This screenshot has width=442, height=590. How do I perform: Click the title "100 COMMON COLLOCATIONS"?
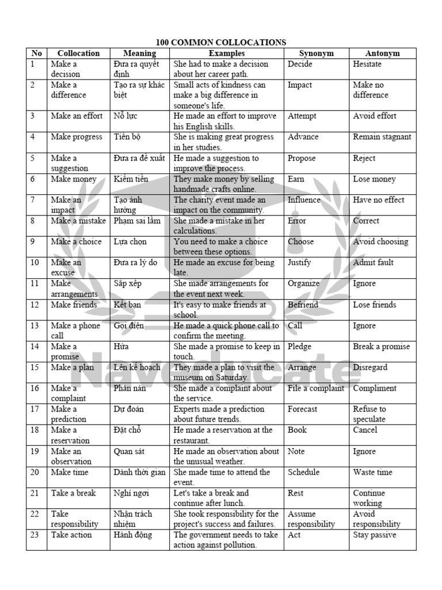pos(221,43)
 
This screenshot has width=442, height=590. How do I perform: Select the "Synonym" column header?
pos(316,54)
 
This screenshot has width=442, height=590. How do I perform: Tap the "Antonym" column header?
pos(382,54)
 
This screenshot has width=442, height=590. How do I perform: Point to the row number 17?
pos(35,409)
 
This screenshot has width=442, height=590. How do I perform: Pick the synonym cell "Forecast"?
pos(302,409)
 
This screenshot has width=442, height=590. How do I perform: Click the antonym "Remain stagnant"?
pos(382,137)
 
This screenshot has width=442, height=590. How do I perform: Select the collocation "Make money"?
pos(74,179)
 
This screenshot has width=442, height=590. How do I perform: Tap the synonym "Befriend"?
pos(303,305)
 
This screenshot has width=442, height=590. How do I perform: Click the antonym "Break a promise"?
pos(381,347)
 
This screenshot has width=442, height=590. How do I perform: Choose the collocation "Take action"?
pos(71,535)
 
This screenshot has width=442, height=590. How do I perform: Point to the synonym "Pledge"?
pos(299,347)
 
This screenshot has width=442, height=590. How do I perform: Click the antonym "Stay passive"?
pos(374,535)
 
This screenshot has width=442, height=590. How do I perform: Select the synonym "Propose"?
pos(302,158)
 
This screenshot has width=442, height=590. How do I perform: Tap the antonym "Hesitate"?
pos(367,64)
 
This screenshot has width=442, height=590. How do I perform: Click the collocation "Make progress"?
pos(76,137)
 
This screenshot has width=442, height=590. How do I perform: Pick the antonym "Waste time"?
pos(372,472)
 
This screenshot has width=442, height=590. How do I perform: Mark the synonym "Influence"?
pos(304,200)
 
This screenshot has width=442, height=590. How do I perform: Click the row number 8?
pos(33,221)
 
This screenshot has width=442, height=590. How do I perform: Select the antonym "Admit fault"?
pos(373,263)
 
